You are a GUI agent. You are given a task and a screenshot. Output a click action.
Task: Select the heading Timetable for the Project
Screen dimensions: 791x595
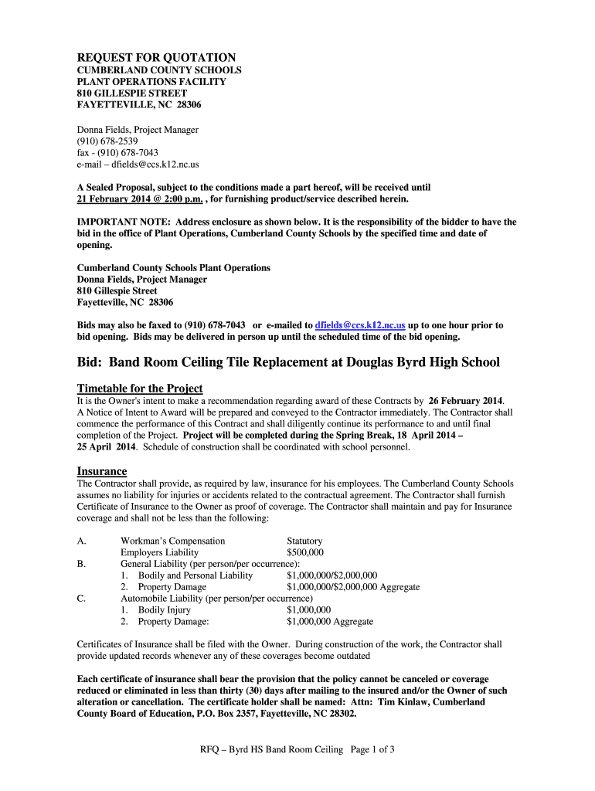[139, 388]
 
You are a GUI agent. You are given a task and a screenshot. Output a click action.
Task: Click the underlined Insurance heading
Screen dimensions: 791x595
[101, 471]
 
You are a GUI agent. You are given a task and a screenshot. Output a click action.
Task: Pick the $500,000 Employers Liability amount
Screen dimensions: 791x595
[305, 552]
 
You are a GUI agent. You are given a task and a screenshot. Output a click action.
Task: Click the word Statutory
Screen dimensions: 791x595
[304, 541]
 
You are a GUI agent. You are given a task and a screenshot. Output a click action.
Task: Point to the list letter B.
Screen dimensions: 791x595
[81, 564]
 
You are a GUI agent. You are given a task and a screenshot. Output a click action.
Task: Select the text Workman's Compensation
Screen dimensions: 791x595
[173, 541]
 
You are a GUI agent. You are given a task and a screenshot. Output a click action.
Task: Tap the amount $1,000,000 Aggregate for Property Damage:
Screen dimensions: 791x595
[330, 621]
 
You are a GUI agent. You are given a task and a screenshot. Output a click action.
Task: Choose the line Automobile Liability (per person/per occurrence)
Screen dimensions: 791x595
[216, 598]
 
